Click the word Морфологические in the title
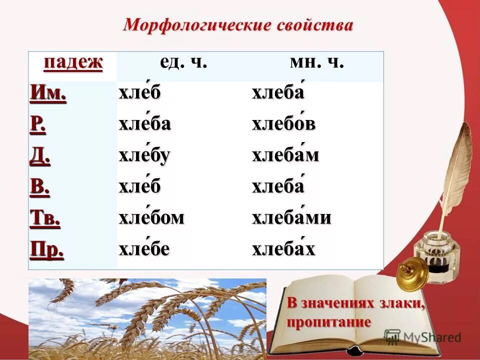pyautogui.click(x=196, y=25)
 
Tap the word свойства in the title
pyautogui.click(x=313, y=25)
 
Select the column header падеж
pyautogui.click(x=73, y=63)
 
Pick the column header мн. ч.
pyautogui.click(x=316, y=63)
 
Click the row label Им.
pyautogui.click(x=48, y=93)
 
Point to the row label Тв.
pyautogui.click(x=45, y=219)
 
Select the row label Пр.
pyautogui.click(x=47, y=250)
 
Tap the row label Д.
pyautogui.click(x=40, y=156)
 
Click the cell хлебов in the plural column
pyautogui.click(x=283, y=124)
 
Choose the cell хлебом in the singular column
pyautogui.click(x=151, y=218)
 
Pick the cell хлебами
pyautogui.click(x=291, y=218)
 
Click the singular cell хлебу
pyautogui.click(x=144, y=156)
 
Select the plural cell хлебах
pyautogui.click(x=283, y=249)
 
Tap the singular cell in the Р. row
pyautogui.click(x=144, y=124)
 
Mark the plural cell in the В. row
pyautogui.click(x=277, y=187)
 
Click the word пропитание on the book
pyautogui.click(x=329, y=322)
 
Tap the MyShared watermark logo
pyautogui.click(x=422, y=336)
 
